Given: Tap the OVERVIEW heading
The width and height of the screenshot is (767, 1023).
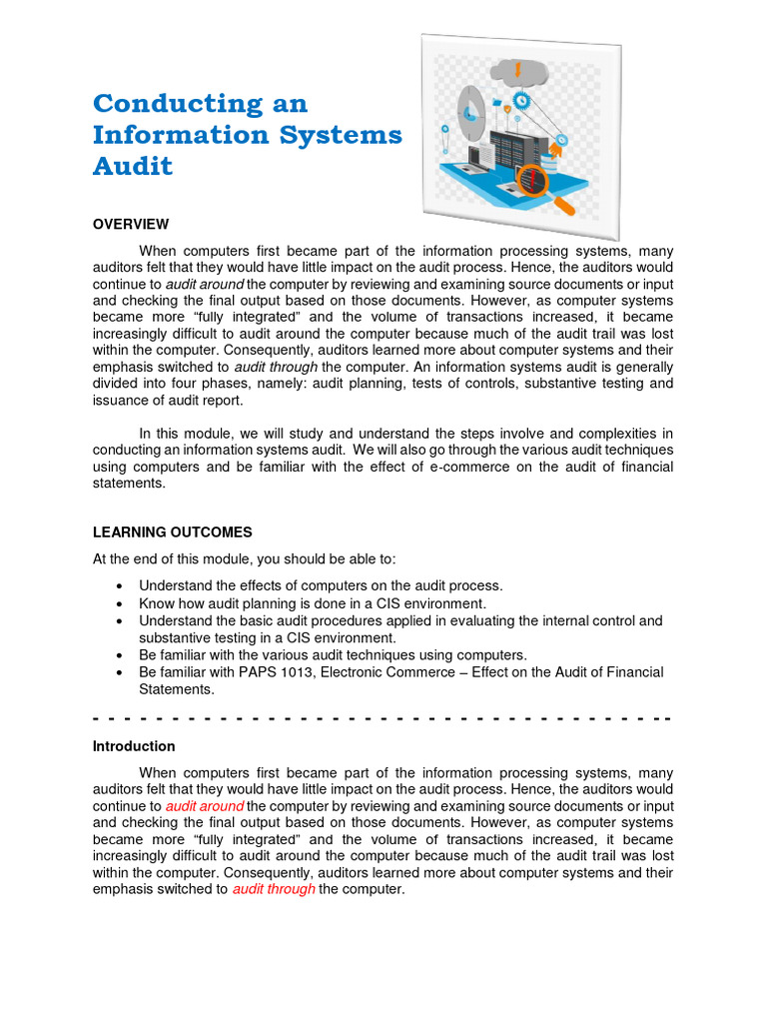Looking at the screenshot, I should coord(131,224).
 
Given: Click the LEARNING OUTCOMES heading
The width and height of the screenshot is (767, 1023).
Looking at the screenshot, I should coord(172,532).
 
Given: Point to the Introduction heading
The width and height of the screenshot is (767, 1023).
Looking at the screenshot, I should coord(134,746).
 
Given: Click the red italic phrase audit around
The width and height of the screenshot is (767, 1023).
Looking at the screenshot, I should coord(205,806).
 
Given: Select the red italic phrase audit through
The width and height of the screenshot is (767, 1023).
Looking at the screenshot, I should coord(274,890).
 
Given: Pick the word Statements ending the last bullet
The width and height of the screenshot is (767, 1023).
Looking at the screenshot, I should coord(177,689).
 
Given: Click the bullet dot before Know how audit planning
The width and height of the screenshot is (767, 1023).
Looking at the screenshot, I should coord(120,604).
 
